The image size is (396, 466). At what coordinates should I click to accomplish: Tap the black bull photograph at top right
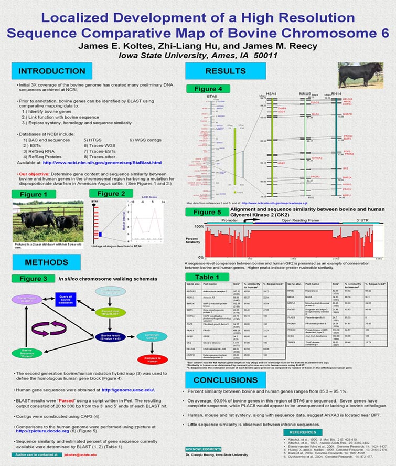(360, 75)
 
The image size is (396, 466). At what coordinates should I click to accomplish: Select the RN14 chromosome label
(337, 94)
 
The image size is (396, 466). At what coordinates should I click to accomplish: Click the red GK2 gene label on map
(346, 168)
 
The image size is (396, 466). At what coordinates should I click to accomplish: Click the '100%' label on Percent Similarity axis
(199, 227)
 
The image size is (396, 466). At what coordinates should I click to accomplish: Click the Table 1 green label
(207, 277)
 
